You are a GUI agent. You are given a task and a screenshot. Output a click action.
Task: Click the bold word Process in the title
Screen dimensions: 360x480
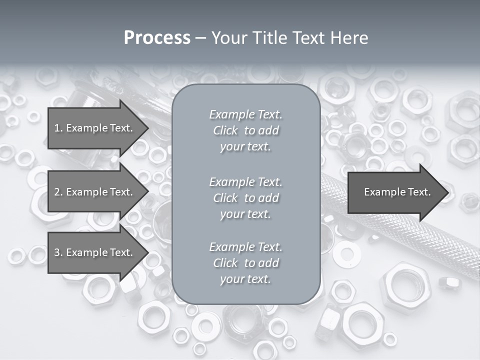pyautogui.click(x=157, y=38)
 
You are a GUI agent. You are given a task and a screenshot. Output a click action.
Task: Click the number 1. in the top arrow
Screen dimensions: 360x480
pyautogui.click(x=58, y=128)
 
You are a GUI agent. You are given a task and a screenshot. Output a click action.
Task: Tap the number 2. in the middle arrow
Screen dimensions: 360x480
pyautogui.click(x=58, y=192)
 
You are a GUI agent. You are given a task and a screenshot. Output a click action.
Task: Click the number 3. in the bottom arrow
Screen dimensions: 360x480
pyautogui.click(x=58, y=252)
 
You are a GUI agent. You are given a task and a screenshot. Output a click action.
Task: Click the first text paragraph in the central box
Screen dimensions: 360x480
pyautogui.click(x=245, y=130)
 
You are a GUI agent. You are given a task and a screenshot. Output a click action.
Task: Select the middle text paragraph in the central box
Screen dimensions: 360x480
pyautogui.click(x=245, y=198)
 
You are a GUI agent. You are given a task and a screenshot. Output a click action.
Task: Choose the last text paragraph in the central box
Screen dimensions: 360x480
pyautogui.click(x=245, y=263)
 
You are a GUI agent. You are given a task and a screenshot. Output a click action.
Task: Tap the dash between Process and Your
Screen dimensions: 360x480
pyautogui.click(x=200, y=38)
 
